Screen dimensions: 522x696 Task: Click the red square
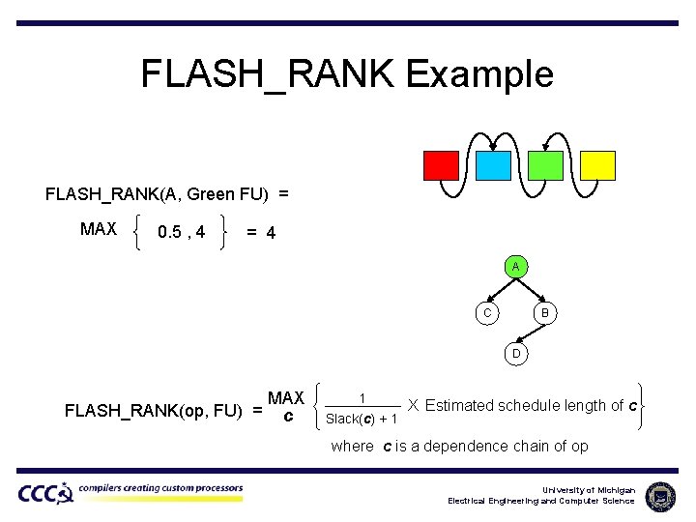click(x=441, y=165)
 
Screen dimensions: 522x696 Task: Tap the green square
click(x=545, y=165)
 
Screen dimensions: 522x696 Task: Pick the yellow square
click(x=597, y=165)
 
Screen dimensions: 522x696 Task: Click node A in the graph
click(x=516, y=266)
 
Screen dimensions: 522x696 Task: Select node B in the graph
click(x=544, y=312)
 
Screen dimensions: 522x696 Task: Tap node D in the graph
click(x=516, y=354)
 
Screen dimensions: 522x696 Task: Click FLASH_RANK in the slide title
click(x=267, y=74)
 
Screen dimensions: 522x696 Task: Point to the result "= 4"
click(x=261, y=233)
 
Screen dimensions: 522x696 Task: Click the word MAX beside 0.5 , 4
click(x=99, y=230)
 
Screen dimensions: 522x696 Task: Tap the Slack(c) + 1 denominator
click(x=361, y=419)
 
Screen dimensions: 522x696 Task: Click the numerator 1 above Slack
click(x=362, y=397)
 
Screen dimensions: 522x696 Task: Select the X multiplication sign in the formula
click(x=413, y=405)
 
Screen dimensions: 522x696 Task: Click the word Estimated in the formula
click(x=459, y=406)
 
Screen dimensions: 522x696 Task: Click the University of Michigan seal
click(x=660, y=496)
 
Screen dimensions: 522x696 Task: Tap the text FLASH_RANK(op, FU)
click(x=153, y=410)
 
